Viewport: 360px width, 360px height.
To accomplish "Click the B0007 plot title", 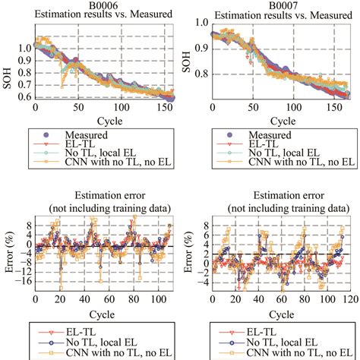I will tap(270, 5).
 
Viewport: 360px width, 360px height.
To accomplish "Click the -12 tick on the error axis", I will tap(21, 272).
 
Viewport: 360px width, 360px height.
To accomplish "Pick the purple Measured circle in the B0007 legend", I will tap(217, 134).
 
